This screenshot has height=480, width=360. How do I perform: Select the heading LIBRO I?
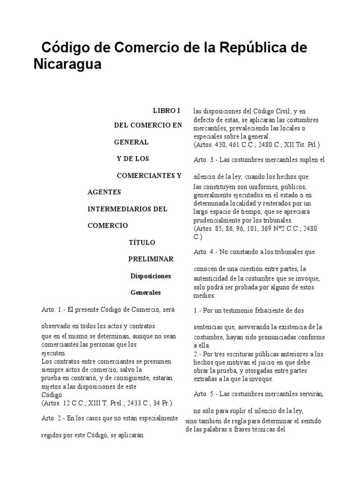(x=166, y=111)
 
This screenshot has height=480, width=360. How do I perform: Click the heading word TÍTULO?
(x=142, y=242)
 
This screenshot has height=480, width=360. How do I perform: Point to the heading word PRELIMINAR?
(x=151, y=259)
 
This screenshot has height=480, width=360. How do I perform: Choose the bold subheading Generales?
(x=145, y=292)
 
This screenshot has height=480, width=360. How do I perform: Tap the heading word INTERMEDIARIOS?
(x=120, y=209)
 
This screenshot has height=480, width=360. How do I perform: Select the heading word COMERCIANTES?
(x=143, y=176)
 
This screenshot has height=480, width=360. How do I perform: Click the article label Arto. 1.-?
(x=53, y=310)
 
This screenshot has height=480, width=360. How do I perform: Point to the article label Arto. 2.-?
(x=53, y=418)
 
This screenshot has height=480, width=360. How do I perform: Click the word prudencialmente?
(x=217, y=220)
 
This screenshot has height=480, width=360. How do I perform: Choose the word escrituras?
(x=241, y=354)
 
